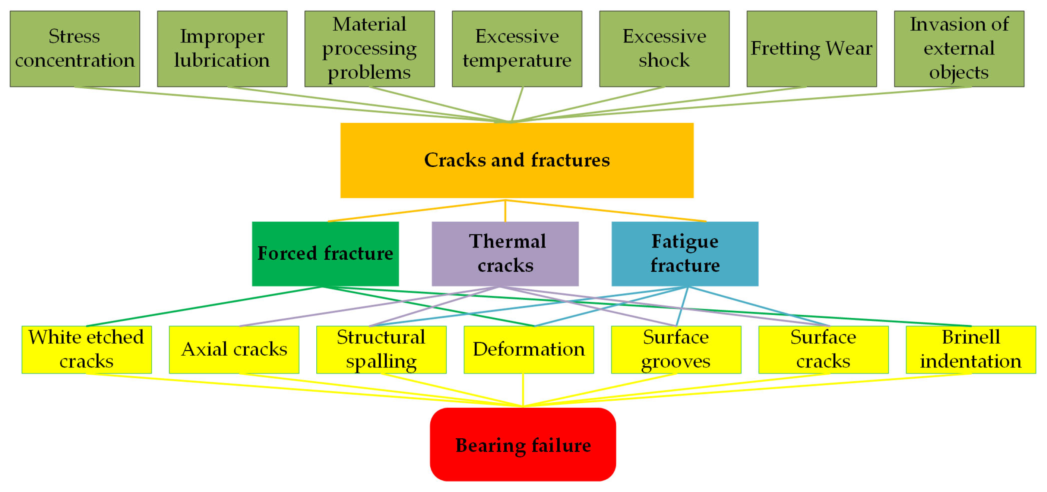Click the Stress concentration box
[75, 48]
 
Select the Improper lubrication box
[222, 48]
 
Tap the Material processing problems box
[370, 48]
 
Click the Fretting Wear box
[811, 48]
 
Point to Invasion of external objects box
[959, 48]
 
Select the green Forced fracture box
[325, 254]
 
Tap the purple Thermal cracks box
[505, 254]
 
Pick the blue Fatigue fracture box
[684, 254]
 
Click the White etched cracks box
[86, 349]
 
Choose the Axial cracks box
[234, 349]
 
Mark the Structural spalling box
[381, 349]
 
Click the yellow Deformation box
[528, 349]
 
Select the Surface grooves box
[676, 349]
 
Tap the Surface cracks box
[823, 349]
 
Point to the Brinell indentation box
[971, 349]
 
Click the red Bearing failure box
[523, 444]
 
